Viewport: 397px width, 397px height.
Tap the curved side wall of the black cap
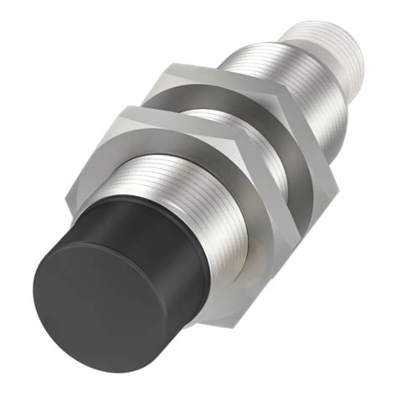tap(147, 276)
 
